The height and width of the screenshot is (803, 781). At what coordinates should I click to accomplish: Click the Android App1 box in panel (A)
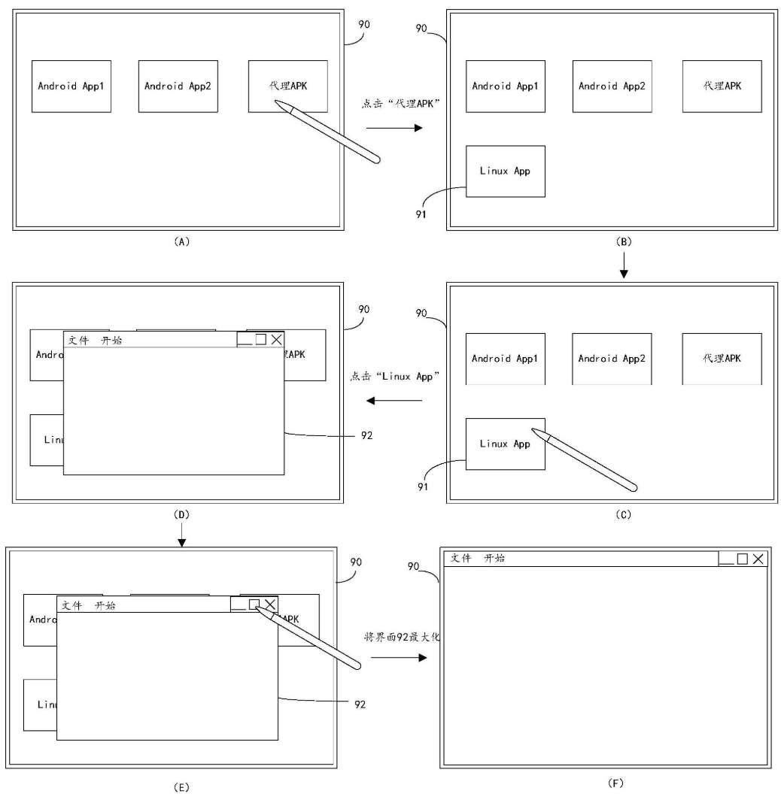pos(71,86)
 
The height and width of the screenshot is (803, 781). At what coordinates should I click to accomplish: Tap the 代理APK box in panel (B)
pos(722,86)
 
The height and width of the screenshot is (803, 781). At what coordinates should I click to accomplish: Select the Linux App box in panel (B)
pos(505,171)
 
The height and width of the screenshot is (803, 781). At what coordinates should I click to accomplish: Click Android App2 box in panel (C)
pos(612,359)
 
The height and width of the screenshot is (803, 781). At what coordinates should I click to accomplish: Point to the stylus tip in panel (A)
pos(277,102)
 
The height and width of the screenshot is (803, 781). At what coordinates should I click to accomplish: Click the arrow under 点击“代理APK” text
pos(395,128)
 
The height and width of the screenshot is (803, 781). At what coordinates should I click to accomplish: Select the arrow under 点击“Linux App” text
pos(394,400)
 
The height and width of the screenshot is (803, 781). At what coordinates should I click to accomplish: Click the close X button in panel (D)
pos(277,340)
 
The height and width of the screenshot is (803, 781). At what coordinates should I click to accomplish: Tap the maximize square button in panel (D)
pos(260,340)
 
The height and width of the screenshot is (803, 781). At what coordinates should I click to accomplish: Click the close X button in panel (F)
pos(758,559)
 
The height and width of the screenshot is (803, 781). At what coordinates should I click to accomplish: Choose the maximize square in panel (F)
pos(742,559)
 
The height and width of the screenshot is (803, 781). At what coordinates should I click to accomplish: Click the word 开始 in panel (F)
pos(494,558)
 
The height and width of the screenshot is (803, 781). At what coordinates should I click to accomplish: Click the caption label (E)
pos(181,787)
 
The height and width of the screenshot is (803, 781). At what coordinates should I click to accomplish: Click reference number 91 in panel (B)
pos(421,214)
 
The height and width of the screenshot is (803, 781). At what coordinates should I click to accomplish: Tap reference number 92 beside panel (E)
pos(360,705)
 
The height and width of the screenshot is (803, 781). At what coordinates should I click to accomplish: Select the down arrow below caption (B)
pos(623,268)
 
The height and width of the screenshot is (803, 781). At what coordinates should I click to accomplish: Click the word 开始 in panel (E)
pos(105,605)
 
